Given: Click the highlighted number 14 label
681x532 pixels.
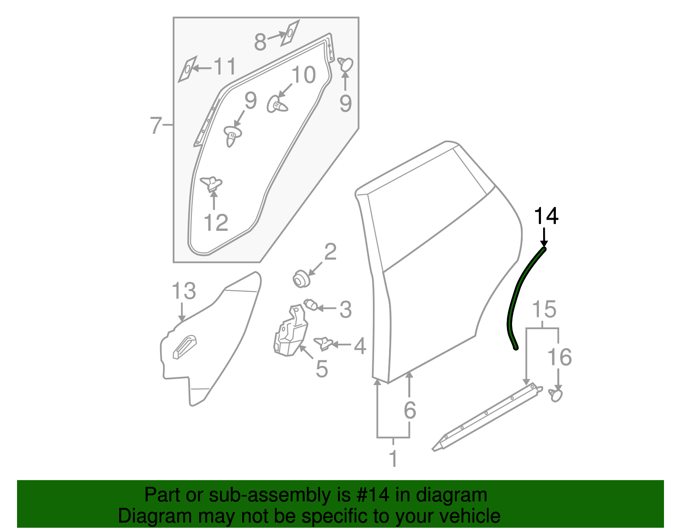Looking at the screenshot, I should (546, 216).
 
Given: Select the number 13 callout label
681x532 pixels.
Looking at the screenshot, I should (183, 291).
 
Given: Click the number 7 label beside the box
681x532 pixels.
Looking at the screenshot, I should (156, 126).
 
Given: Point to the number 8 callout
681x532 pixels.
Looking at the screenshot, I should (260, 42).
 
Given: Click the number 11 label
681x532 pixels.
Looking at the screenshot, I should (224, 67).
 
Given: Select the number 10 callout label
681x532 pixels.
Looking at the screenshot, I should (303, 75).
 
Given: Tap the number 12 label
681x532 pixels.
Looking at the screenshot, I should (216, 223).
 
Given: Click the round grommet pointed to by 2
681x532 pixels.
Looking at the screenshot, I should (301, 279).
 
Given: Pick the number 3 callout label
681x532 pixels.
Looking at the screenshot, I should (346, 309).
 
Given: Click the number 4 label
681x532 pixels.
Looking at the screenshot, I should (360, 346).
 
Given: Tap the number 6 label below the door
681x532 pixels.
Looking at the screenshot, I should (409, 410).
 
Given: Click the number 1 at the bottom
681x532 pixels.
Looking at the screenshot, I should (393, 459).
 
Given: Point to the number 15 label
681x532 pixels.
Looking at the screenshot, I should (544, 309).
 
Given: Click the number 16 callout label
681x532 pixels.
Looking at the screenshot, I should (559, 357).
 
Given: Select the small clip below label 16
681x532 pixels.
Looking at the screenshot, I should (556, 394).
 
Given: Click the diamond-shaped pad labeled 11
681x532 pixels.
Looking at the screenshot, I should (187, 69).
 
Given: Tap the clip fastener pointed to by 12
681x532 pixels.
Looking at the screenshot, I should (212, 184).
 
